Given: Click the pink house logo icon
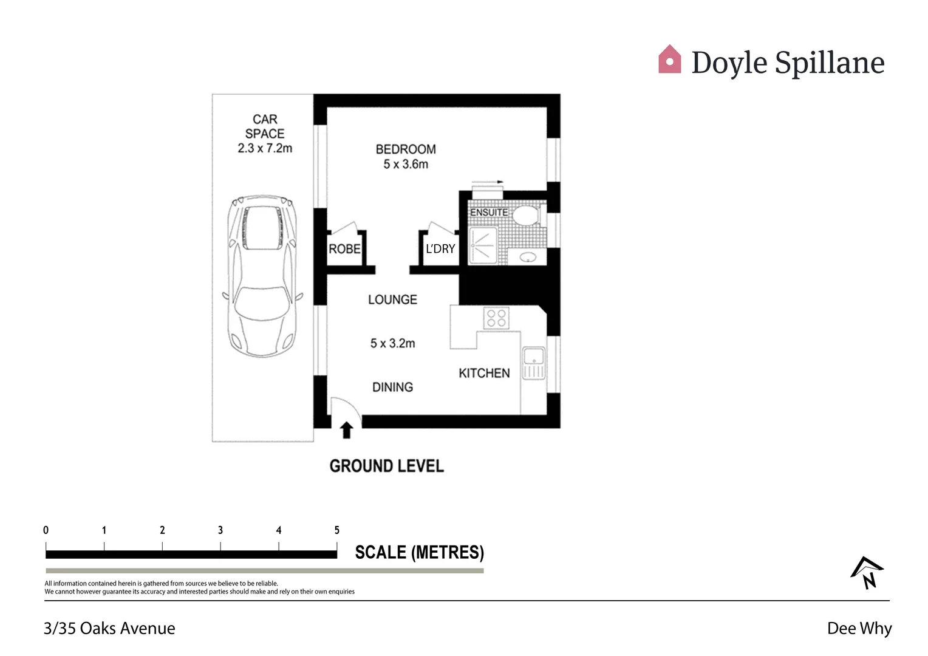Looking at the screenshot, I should [x=669, y=60].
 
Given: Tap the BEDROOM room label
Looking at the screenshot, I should [x=405, y=149].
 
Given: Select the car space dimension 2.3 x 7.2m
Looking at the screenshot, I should [x=265, y=148].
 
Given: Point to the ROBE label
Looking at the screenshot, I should [x=344, y=249].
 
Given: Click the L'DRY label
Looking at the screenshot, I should [x=440, y=249].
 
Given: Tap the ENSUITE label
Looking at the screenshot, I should [x=488, y=213].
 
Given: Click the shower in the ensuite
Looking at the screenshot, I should [x=483, y=246].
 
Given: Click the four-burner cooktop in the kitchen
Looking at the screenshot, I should [x=496, y=318].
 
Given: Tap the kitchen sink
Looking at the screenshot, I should [x=534, y=363].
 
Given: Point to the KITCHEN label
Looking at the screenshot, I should [x=484, y=373].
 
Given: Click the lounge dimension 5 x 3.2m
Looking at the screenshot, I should [x=392, y=344].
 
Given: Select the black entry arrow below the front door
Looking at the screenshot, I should [x=346, y=431].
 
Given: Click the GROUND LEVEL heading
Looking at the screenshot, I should [x=386, y=466].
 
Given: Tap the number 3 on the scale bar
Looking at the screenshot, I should [x=220, y=530].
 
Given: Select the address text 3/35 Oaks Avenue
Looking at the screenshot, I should [x=109, y=628].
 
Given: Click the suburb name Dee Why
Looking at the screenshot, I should [x=859, y=628].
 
